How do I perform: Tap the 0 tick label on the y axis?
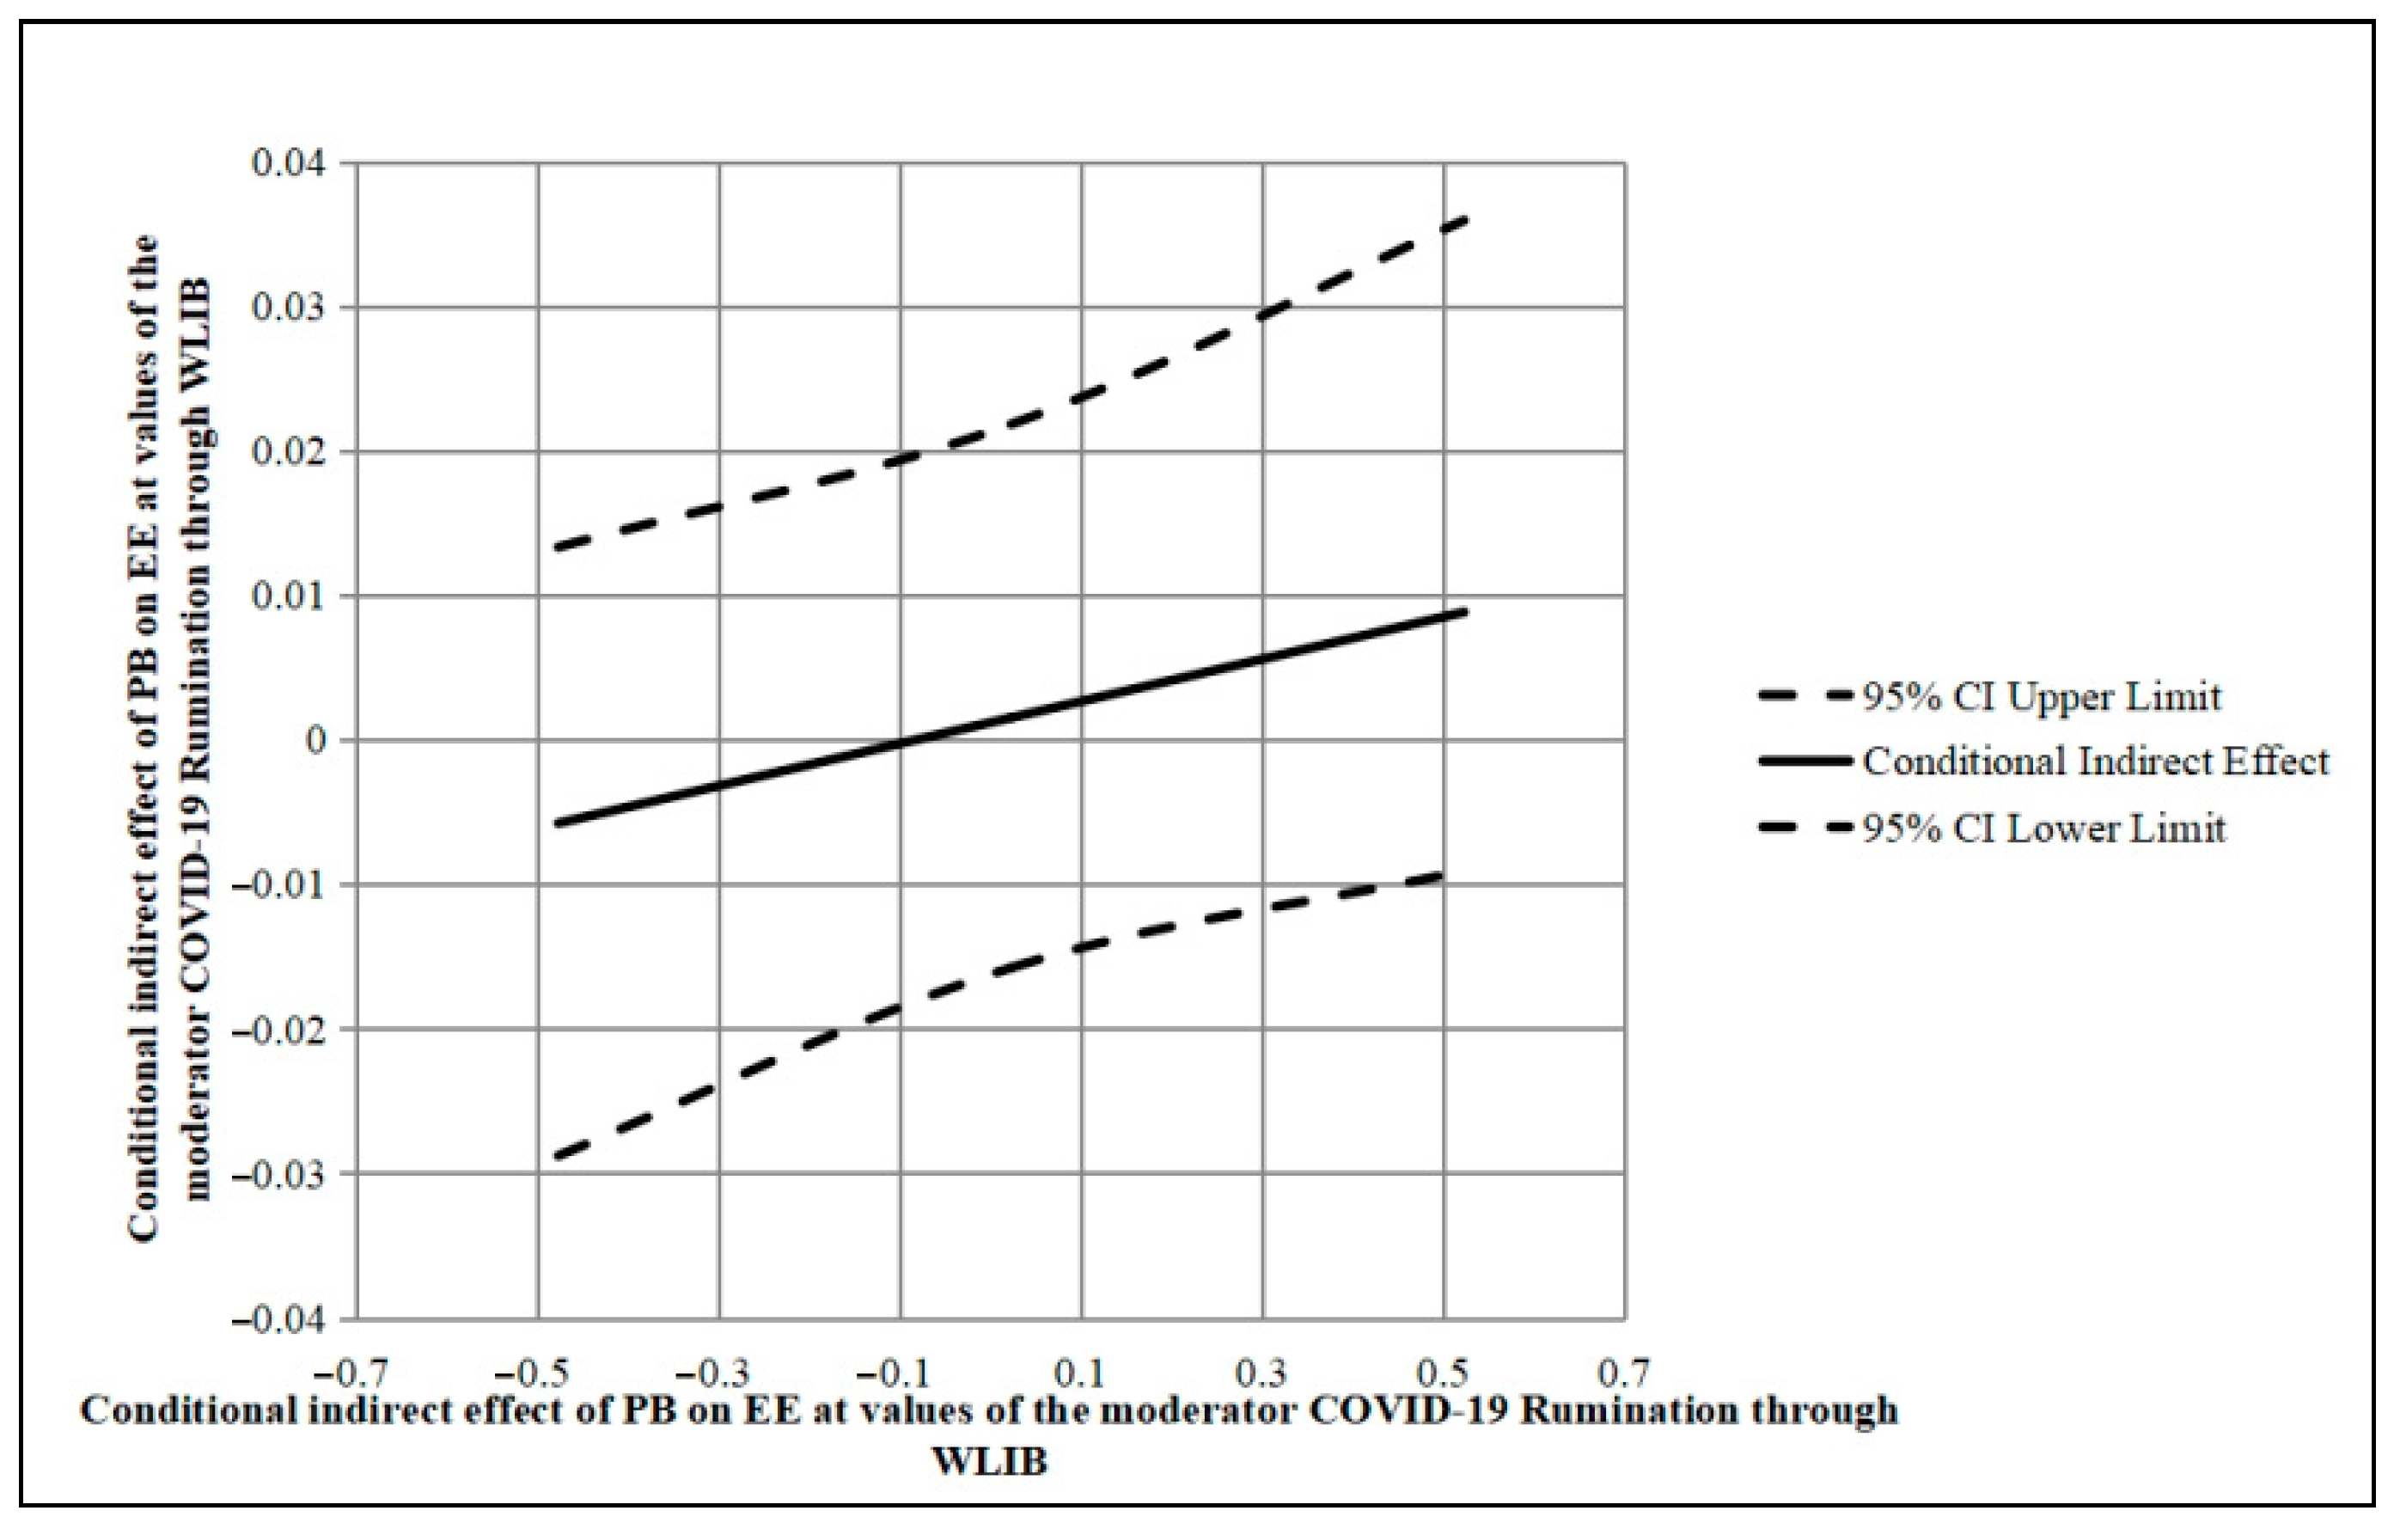click(316, 741)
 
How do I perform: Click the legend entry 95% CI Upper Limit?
click(2041, 697)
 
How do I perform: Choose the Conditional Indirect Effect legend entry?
click(2096, 761)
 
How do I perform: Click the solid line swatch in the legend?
click(1805, 761)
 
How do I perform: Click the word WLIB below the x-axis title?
click(988, 1461)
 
